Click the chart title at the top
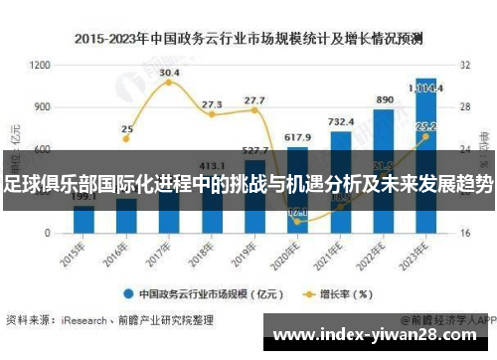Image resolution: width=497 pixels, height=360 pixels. [248, 40]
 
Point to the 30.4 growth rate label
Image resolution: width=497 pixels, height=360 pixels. [169, 73]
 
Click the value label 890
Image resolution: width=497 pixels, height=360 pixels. [385, 100]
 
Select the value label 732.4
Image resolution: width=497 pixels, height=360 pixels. [341, 122]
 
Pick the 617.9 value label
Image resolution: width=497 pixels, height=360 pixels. [297, 137]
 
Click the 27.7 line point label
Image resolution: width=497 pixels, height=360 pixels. [254, 100]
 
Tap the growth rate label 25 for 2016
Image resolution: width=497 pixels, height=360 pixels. [127, 129]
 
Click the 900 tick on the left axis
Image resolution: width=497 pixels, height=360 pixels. [43, 106]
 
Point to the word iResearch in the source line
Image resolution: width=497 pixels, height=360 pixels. [83, 320]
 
